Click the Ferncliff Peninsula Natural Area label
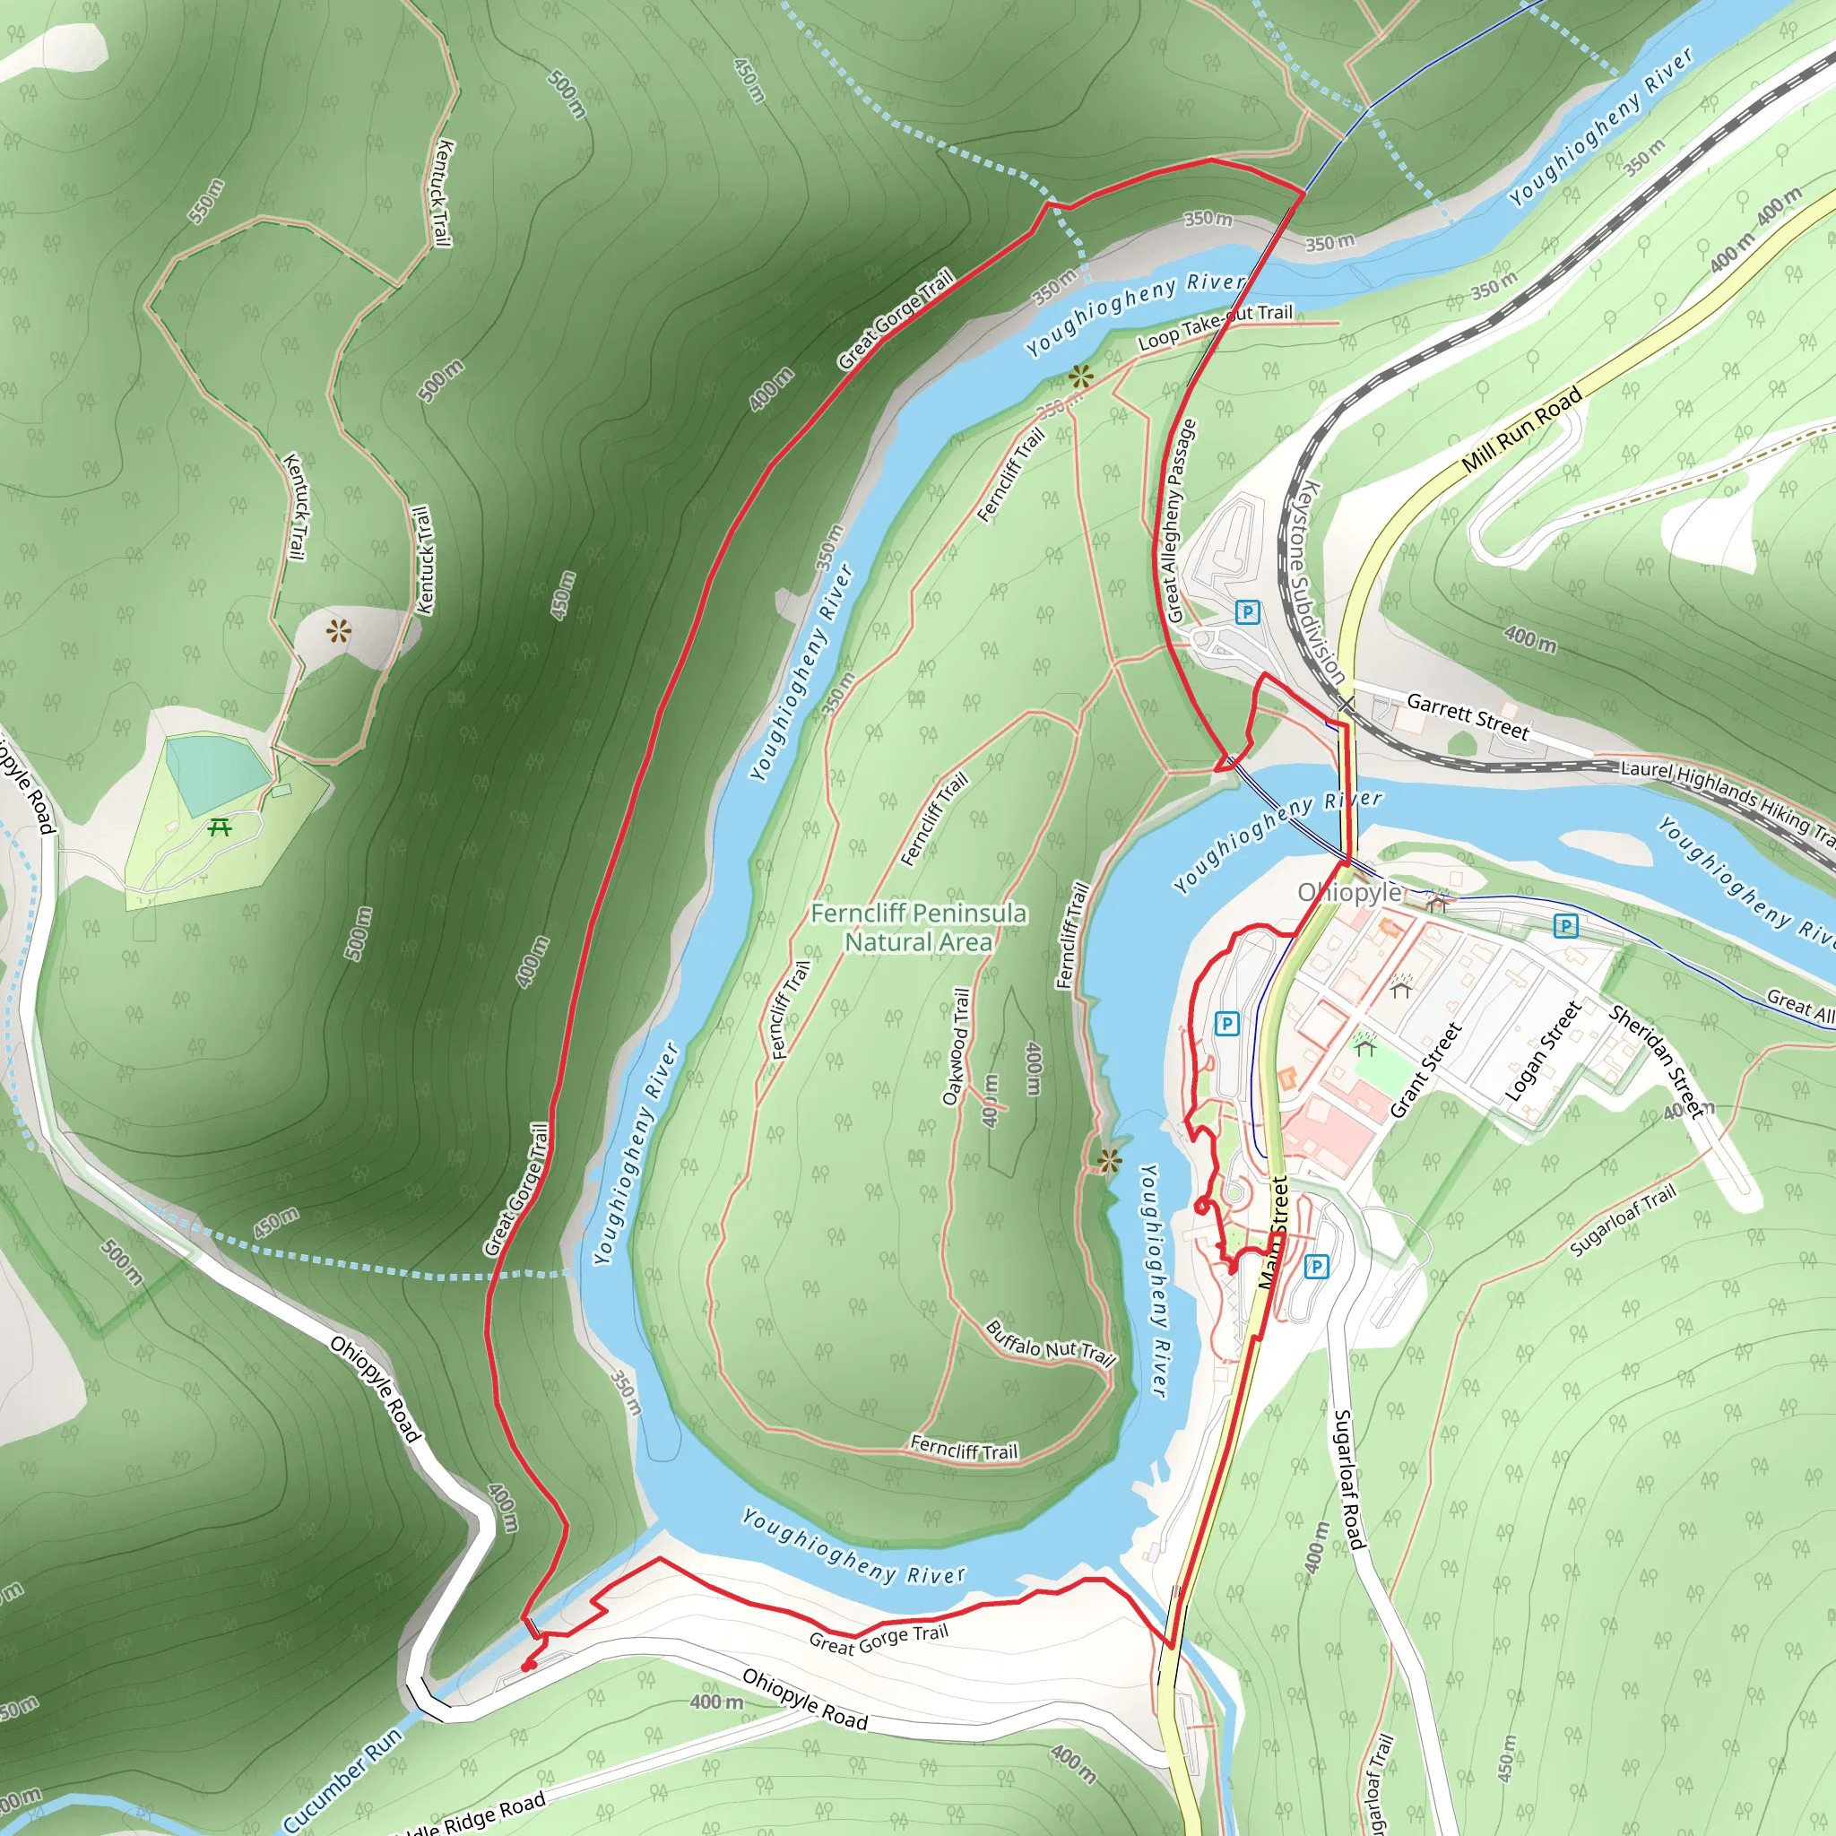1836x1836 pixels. coord(918,928)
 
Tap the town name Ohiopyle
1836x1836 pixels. coord(1349,892)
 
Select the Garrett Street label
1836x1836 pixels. coord(1468,716)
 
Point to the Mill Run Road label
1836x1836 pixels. coord(1521,429)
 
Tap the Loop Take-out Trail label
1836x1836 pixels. coord(1216,326)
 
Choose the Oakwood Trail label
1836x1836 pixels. coord(956,1046)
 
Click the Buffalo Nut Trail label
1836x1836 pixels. coord(1050,1343)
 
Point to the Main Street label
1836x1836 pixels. coord(1273,1232)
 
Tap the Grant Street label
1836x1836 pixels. coord(1425,1070)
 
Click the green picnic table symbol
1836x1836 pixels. coord(220,827)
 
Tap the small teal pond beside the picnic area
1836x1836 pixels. coord(215,772)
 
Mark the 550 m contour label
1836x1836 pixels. coord(206,202)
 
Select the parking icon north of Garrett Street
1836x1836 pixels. coord(1248,612)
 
